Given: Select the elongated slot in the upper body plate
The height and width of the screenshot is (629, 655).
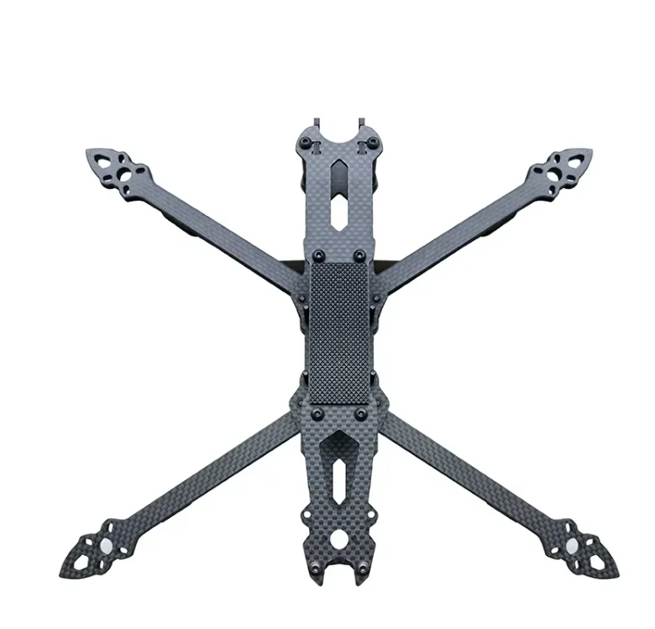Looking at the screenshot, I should pos(338,197).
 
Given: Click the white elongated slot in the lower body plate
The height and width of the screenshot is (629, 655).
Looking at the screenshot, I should pos(338,480).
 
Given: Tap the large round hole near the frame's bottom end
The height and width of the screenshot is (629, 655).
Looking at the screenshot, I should pos(340,538).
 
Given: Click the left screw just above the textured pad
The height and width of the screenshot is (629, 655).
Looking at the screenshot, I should pos(317,254).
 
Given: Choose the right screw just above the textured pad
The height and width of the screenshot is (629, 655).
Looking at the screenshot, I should pos(359,254).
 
